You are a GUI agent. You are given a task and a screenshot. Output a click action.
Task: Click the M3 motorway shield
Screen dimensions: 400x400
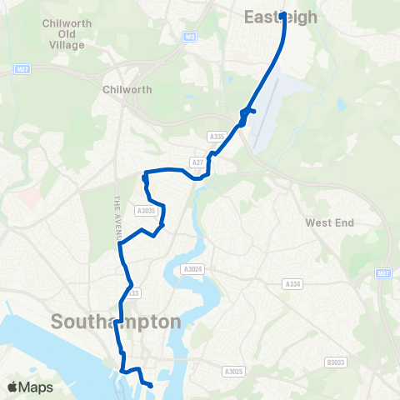[191, 37]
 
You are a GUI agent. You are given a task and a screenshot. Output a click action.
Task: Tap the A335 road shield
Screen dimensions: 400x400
[217, 136]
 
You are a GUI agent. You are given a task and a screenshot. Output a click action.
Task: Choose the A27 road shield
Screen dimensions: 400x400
[197, 162]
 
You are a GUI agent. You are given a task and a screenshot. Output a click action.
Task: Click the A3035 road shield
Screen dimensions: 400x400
[147, 211]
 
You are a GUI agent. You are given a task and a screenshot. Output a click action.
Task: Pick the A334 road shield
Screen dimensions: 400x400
[292, 284]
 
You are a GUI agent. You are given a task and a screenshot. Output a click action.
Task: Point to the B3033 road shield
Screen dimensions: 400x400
[335, 362]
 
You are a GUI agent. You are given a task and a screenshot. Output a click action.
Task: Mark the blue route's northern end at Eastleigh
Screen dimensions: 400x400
[283, 14]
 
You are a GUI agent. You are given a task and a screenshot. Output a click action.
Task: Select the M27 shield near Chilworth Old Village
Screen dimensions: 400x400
[22, 69]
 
